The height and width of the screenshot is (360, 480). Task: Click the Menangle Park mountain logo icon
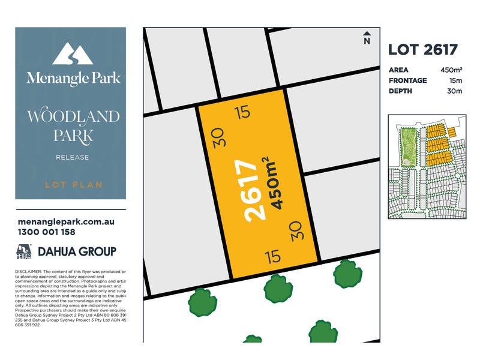[x=71, y=54]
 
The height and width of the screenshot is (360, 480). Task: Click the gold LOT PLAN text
[x=73, y=184]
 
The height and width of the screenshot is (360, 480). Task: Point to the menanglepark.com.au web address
[x=66, y=221]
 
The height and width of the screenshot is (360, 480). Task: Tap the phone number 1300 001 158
[x=47, y=232]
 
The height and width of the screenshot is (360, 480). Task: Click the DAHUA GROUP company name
[x=77, y=251]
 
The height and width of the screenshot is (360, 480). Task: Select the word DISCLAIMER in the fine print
[x=28, y=271]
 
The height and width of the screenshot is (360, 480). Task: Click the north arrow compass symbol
[x=367, y=38]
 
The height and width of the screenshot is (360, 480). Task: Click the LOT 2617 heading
[x=423, y=50]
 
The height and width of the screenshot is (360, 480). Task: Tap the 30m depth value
[x=455, y=91]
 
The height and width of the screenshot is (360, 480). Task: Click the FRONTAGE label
[x=408, y=80]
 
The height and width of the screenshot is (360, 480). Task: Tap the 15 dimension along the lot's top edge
[x=242, y=112]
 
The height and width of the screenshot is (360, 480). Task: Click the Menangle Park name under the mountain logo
[x=73, y=78]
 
